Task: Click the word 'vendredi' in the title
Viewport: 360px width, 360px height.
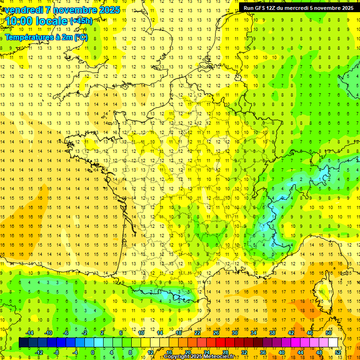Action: click(22, 10)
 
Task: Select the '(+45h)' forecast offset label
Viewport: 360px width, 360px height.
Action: click(81, 21)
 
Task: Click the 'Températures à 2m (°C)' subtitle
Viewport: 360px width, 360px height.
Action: click(46, 37)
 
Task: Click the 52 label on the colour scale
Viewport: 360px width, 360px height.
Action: click(338, 352)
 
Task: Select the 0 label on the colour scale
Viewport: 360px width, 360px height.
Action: click(93, 352)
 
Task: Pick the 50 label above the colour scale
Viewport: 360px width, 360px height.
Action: click(328, 333)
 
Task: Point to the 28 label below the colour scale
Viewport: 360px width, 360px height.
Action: click(225, 352)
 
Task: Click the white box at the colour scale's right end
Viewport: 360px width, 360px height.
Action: click(333, 343)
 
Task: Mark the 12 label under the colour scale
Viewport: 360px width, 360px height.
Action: click(150, 352)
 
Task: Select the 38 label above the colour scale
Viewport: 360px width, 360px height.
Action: click(272, 333)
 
